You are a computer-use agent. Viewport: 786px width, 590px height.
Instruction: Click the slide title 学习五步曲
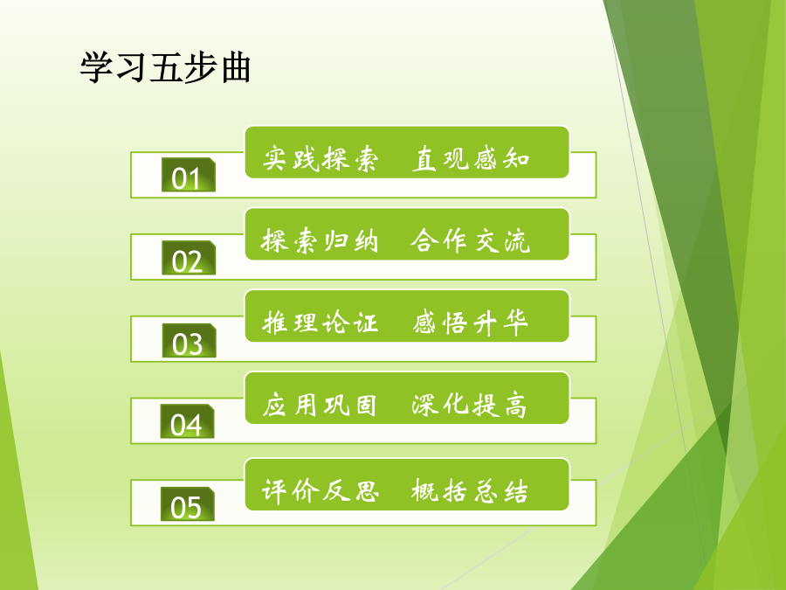(x=165, y=67)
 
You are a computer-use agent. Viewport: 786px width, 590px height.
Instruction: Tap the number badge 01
(x=189, y=175)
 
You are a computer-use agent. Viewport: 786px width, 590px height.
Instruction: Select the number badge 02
(x=189, y=258)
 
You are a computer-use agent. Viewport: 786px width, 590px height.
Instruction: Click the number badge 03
(x=189, y=341)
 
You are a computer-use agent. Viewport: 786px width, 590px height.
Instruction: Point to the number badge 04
(x=187, y=421)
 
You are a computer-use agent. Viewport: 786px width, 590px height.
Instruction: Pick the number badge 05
(x=188, y=503)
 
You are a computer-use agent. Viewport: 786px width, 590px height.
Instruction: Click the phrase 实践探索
(x=321, y=158)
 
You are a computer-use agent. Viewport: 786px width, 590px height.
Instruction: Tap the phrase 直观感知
(x=471, y=158)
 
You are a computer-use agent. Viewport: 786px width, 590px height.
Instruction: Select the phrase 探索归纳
(x=320, y=240)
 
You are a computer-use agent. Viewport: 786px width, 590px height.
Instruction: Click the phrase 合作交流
(x=470, y=240)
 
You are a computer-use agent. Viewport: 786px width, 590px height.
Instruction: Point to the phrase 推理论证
(x=320, y=323)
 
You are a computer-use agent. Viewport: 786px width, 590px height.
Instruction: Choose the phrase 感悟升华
(x=470, y=322)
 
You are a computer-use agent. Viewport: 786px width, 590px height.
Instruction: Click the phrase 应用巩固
(x=320, y=405)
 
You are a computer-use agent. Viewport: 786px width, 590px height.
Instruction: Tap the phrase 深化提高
(x=469, y=405)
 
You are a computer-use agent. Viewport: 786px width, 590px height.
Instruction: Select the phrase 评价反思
(x=321, y=490)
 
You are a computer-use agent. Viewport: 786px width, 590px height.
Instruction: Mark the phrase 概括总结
(x=470, y=490)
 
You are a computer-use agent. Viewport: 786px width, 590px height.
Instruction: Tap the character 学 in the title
(x=96, y=67)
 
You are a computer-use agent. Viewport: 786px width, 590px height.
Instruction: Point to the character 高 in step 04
(x=515, y=405)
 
